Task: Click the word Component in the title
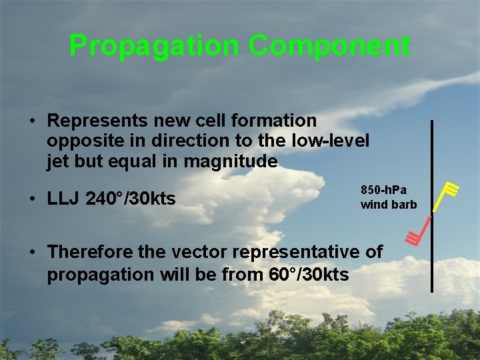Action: tap(329, 47)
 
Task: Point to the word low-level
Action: tap(333, 141)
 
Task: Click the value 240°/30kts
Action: tap(131, 198)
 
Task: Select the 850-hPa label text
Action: tap(383, 190)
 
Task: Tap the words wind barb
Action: tap(388, 205)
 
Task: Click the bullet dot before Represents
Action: tap(31, 121)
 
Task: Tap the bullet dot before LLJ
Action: tap(31, 199)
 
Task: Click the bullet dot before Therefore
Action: tap(31, 253)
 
